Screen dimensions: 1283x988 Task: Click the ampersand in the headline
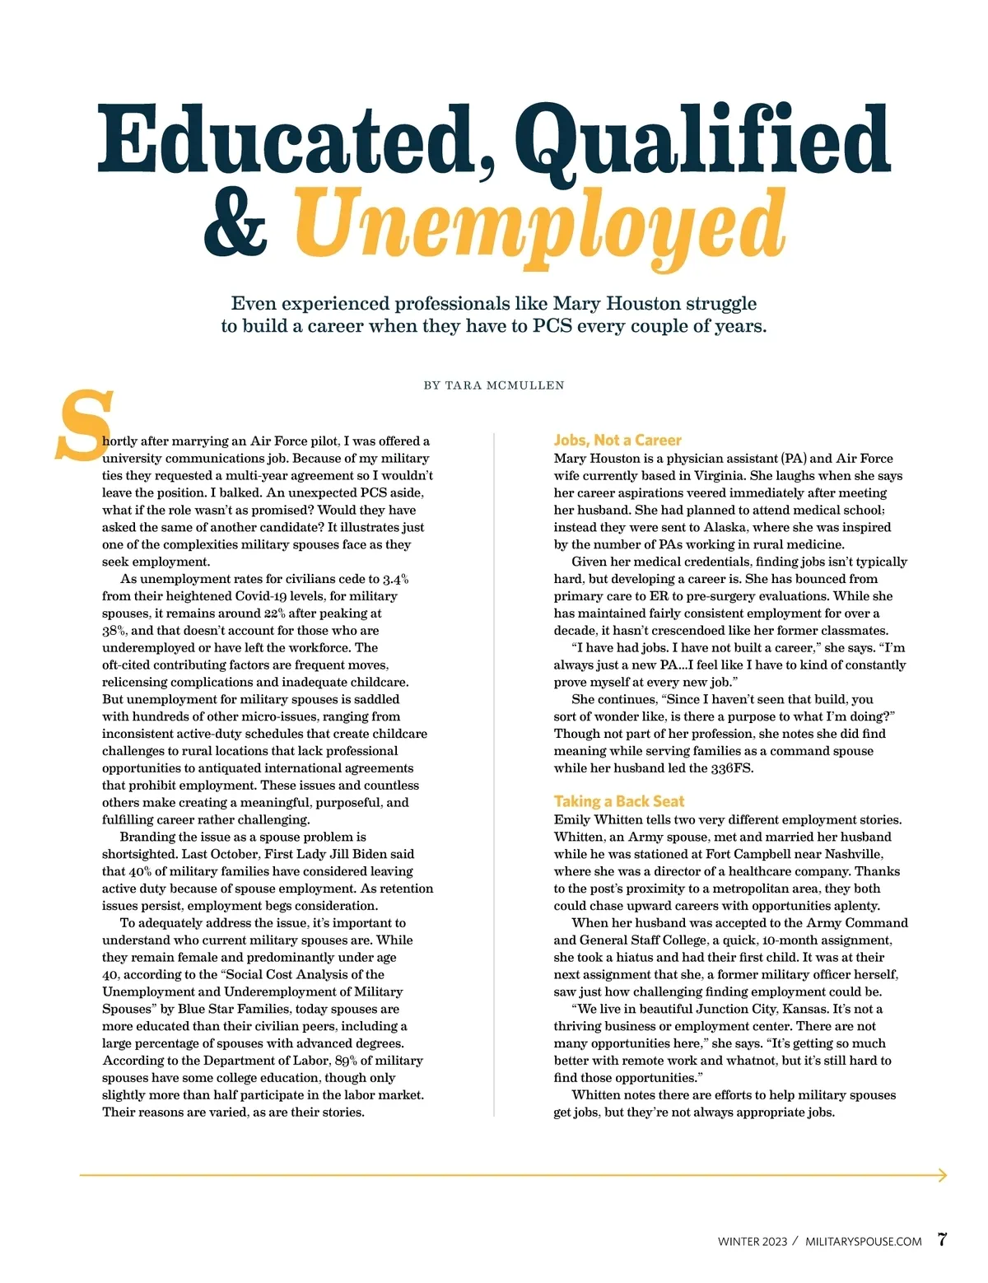[235, 223]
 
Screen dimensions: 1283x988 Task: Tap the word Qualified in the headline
[706, 142]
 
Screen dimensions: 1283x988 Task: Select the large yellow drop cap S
[83, 426]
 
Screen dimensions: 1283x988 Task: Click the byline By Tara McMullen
[494, 385]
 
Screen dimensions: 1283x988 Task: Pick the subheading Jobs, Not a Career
[617, 441]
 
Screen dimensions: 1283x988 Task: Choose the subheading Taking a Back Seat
[619, 801]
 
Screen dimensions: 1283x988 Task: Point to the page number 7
[942, 1239]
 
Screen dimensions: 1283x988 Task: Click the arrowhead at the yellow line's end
[942, 1175]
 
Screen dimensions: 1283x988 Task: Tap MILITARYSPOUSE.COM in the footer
[863, 1242]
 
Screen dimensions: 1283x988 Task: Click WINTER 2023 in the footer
[752, 1242]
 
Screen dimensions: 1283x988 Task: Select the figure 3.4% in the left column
[394, 579]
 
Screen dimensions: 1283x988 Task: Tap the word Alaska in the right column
[725, 527]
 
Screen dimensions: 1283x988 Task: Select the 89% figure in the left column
[346, 1061]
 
